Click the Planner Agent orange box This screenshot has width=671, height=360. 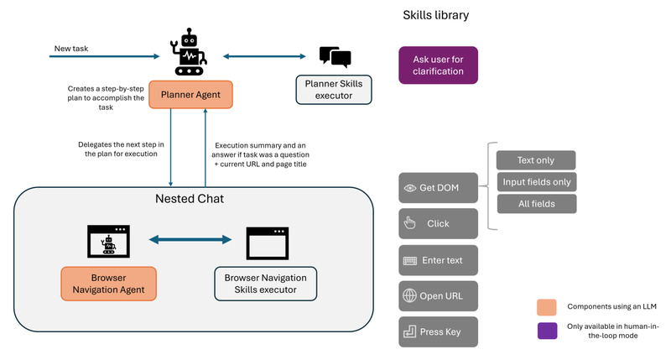(x=190, y=95)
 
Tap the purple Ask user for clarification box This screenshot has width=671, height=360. (x=438, y=65)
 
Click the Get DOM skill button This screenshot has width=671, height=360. (x=438, y=188)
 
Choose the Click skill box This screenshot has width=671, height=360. (x=438, y=224)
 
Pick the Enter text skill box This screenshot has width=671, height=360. (x=438, y=260)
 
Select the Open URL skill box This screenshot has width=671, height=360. (x=438, y=295)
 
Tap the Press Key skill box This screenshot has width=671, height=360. (x=438, y=331)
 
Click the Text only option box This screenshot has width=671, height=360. (x=536, y=159)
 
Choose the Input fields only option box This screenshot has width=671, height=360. (x=536, y=181)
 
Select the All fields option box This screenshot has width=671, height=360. (x=536, y=203)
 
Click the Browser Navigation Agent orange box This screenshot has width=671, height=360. (x=108, y=284)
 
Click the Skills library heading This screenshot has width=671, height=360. (x=436, y=15)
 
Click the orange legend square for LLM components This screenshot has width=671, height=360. (x=547, y=306)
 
